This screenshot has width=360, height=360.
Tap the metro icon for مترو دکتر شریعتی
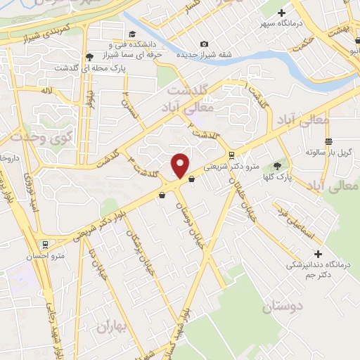tap(231, 155)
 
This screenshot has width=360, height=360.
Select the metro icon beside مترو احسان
tap(46, 245)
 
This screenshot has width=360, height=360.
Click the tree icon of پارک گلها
tap(277, 166)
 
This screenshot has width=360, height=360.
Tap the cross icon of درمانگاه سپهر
tap(282, 13)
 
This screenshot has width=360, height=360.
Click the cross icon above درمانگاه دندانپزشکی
tap(318, 254)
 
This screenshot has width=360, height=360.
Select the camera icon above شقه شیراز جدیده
tap(204, 44)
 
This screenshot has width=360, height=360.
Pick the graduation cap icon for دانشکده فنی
tap(132, 34)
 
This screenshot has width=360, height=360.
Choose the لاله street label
tap(47, 91)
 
